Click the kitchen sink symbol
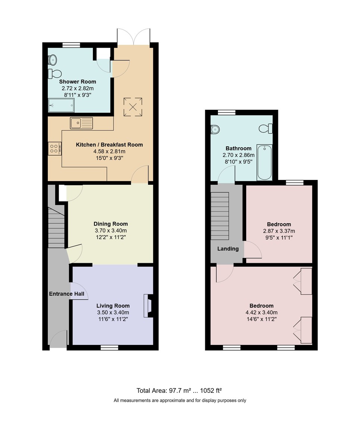coord(81,123)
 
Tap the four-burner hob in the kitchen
coord(54,148)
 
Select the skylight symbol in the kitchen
coord(132,106)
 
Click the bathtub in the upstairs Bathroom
coord(264,163)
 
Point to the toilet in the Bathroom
coord(266,129)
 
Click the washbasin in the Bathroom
coord(215,129)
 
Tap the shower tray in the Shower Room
coord(61,105)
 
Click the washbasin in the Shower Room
coord(53,59)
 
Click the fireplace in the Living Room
coord(148,306)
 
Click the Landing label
coord(228,249)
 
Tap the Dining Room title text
coord(110,224)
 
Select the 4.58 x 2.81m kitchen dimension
coord(109,151)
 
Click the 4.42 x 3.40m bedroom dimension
coord(261,312)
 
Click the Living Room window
coord(109,348)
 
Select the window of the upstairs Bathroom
coord(226,112)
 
